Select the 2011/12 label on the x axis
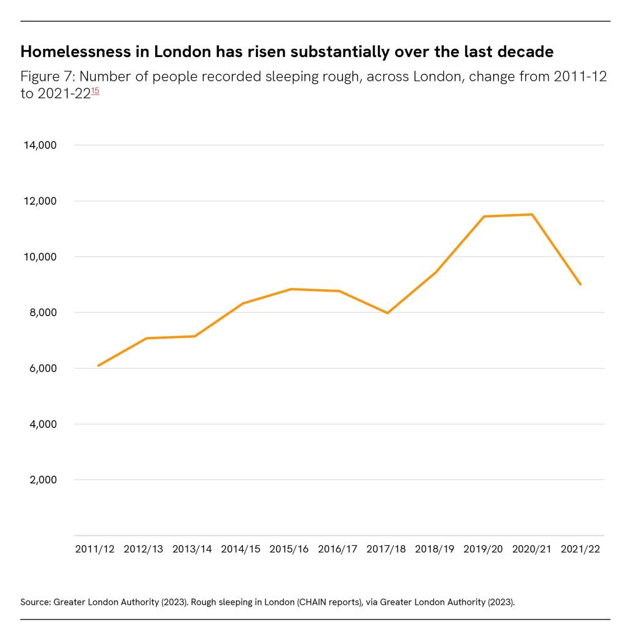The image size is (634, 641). (95, 549)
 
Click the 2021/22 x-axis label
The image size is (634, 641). (580, 549)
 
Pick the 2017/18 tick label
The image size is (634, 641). (386, 549)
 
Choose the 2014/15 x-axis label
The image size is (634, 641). (240, 549)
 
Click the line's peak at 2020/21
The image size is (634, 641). (532, 215)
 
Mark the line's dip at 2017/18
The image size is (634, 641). (387, 313)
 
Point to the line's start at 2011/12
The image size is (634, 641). (98, 366)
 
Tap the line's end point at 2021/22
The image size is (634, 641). (580, 284)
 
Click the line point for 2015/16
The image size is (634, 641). (291, 289)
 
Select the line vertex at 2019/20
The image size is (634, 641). (484, 217)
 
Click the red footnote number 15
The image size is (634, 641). (95, 91)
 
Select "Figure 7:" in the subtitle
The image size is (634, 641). (47, 77)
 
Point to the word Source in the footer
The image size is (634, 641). (35, 602)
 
